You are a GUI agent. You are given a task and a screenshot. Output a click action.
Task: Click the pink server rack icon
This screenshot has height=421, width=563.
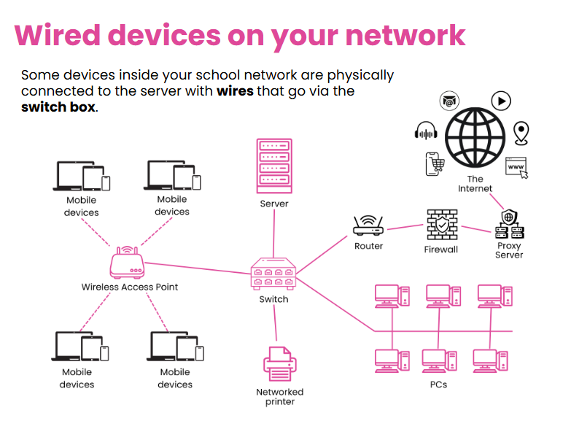tap(274, 166)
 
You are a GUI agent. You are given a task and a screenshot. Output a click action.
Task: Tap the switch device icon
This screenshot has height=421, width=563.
tap(273, 274)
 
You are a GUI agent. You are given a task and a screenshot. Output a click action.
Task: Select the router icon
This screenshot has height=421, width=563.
tap(368, 225)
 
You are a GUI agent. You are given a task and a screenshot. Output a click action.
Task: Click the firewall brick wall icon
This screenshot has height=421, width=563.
tap(442, 225)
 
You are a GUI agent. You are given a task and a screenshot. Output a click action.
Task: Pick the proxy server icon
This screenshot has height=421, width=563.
tap(510, 225)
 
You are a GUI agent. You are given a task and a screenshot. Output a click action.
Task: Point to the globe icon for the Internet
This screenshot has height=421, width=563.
tap(475, 138)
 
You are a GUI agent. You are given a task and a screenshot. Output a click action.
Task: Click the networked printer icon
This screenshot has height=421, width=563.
tap(280, 364)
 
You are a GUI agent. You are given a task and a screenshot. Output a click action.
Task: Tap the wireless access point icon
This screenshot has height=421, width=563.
tap(127, 262)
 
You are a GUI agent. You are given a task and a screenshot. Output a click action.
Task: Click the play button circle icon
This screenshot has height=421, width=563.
tap(501, 101)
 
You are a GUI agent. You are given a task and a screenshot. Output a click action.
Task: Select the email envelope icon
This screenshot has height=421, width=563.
tap(449, 101)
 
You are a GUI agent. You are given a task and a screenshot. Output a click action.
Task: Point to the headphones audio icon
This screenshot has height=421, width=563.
tap(426, 131)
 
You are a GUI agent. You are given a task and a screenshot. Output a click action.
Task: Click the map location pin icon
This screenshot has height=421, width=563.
tap(521, 134)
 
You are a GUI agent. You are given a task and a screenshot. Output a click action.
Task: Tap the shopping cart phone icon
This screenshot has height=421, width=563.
tap(435, 164)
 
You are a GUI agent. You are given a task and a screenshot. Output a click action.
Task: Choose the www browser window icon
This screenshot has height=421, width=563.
tap(516, 168)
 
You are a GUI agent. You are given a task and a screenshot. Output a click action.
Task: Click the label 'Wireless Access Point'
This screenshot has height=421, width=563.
tap(130, 287)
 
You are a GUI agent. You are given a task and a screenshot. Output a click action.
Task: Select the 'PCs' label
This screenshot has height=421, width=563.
tap(438, 385)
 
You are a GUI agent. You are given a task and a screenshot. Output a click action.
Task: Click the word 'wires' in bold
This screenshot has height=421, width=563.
tap(235, 91)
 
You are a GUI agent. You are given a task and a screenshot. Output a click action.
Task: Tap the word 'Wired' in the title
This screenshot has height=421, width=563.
tap(58, 35)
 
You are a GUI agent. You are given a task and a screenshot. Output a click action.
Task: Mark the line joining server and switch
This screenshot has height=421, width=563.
tap(274, 233)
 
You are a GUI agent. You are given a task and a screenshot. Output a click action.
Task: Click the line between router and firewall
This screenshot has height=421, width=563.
tap(405, 227)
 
